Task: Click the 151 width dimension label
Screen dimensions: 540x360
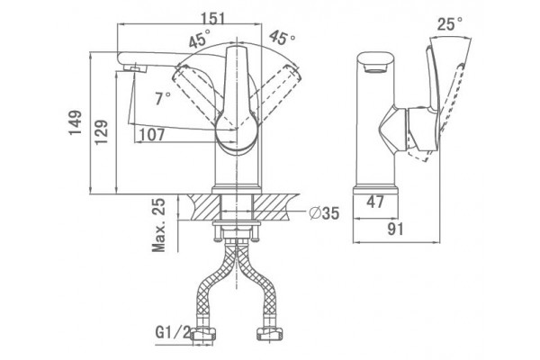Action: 212,18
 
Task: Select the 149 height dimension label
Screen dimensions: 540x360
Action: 75,122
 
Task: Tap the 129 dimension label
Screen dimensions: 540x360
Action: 101,132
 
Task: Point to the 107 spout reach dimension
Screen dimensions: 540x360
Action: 151,135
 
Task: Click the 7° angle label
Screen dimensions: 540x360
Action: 162,99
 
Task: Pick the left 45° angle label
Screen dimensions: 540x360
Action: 199,38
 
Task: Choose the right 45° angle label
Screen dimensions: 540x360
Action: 282,38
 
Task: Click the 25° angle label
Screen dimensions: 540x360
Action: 450,24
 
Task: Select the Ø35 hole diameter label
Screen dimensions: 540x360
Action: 324,213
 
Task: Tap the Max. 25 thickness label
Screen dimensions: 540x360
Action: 158,225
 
